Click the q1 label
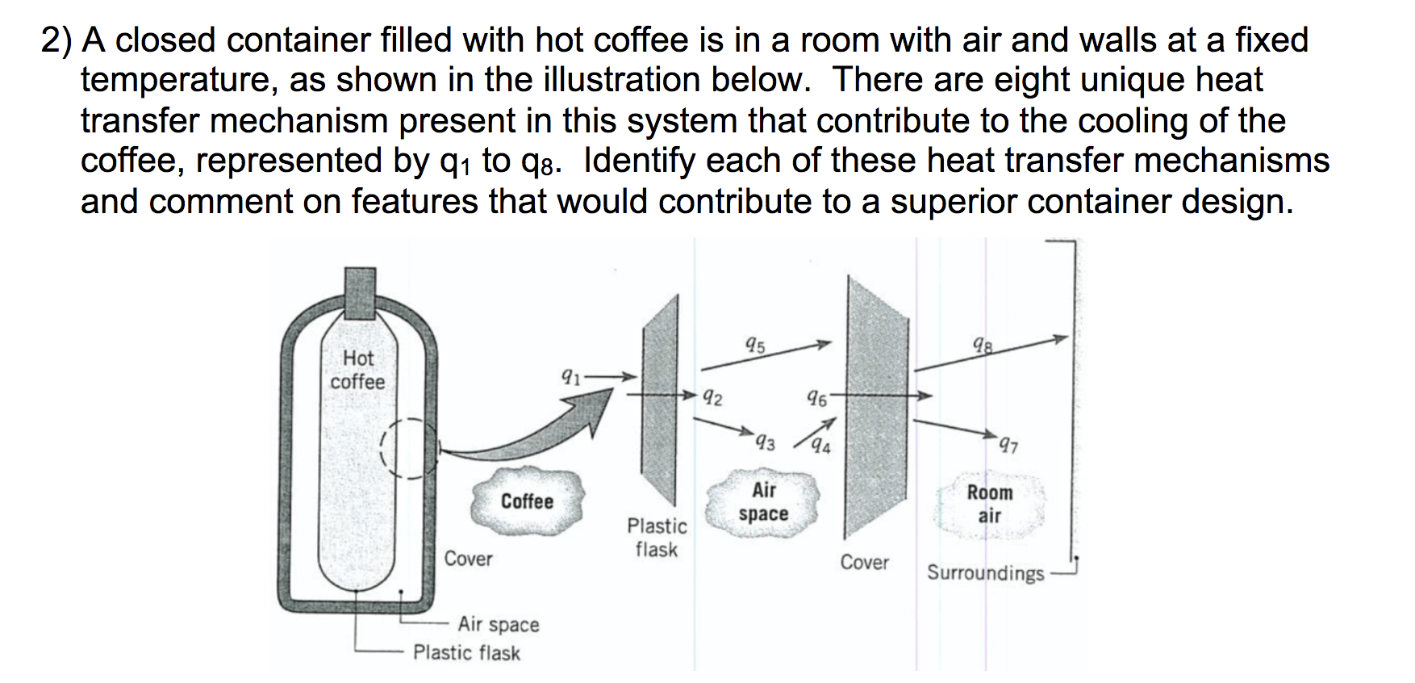point(570,375)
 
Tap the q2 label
point(712,397)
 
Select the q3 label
point(765,443)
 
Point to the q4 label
point(822,445)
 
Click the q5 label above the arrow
point(755,346)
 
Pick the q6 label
point(816,398)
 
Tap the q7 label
point(1008,443)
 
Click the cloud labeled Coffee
point(527,501)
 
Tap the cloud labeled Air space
point(763,501)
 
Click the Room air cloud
point(989,504)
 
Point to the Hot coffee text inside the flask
point(357,370)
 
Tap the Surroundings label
point(985,573)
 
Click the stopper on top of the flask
point(360,295)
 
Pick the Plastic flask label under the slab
point(657,538)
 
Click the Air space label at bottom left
point(498,624)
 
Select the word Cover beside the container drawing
point(468,559)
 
